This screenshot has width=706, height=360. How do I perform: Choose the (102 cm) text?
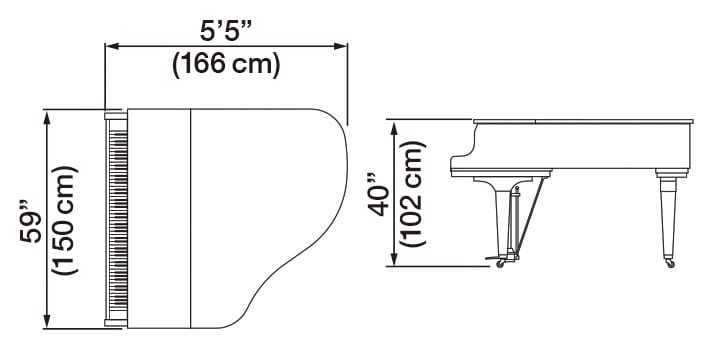[414, 192]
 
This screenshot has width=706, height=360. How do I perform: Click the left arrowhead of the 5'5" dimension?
[110, 44]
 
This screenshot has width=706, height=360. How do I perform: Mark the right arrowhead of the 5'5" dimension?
[342, 44]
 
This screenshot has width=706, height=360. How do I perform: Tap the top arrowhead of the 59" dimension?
[47, 114]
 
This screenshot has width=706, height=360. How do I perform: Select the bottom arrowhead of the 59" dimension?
[47, 322]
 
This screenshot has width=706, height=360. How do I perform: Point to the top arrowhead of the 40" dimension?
[396, 123]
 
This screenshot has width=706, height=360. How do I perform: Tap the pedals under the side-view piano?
[503, 263]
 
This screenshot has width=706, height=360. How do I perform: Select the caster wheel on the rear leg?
[669, 263]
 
